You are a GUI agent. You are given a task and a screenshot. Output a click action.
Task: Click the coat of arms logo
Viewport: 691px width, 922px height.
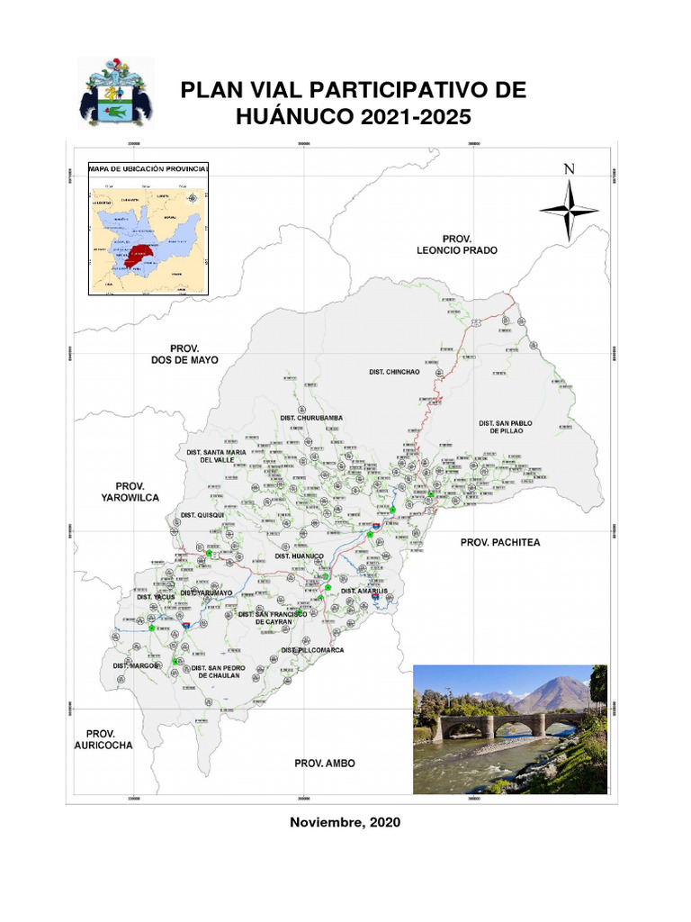coord(115,94)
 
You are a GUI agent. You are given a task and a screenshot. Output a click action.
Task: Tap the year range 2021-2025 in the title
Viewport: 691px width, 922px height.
coord(409,117)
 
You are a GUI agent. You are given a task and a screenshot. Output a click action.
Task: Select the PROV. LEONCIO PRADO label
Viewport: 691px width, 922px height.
coord(456,243)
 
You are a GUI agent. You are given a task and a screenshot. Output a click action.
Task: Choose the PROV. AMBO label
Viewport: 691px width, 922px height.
coord(324,764)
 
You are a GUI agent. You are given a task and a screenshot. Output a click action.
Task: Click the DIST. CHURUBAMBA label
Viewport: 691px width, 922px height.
coord(311,418)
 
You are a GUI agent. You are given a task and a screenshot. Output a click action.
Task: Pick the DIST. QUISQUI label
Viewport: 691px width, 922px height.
coord(202,515)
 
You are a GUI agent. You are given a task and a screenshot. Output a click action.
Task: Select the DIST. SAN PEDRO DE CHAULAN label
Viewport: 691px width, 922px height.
coord(216,671)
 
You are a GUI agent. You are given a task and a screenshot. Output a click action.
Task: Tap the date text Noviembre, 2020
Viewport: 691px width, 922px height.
coord(345,822)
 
